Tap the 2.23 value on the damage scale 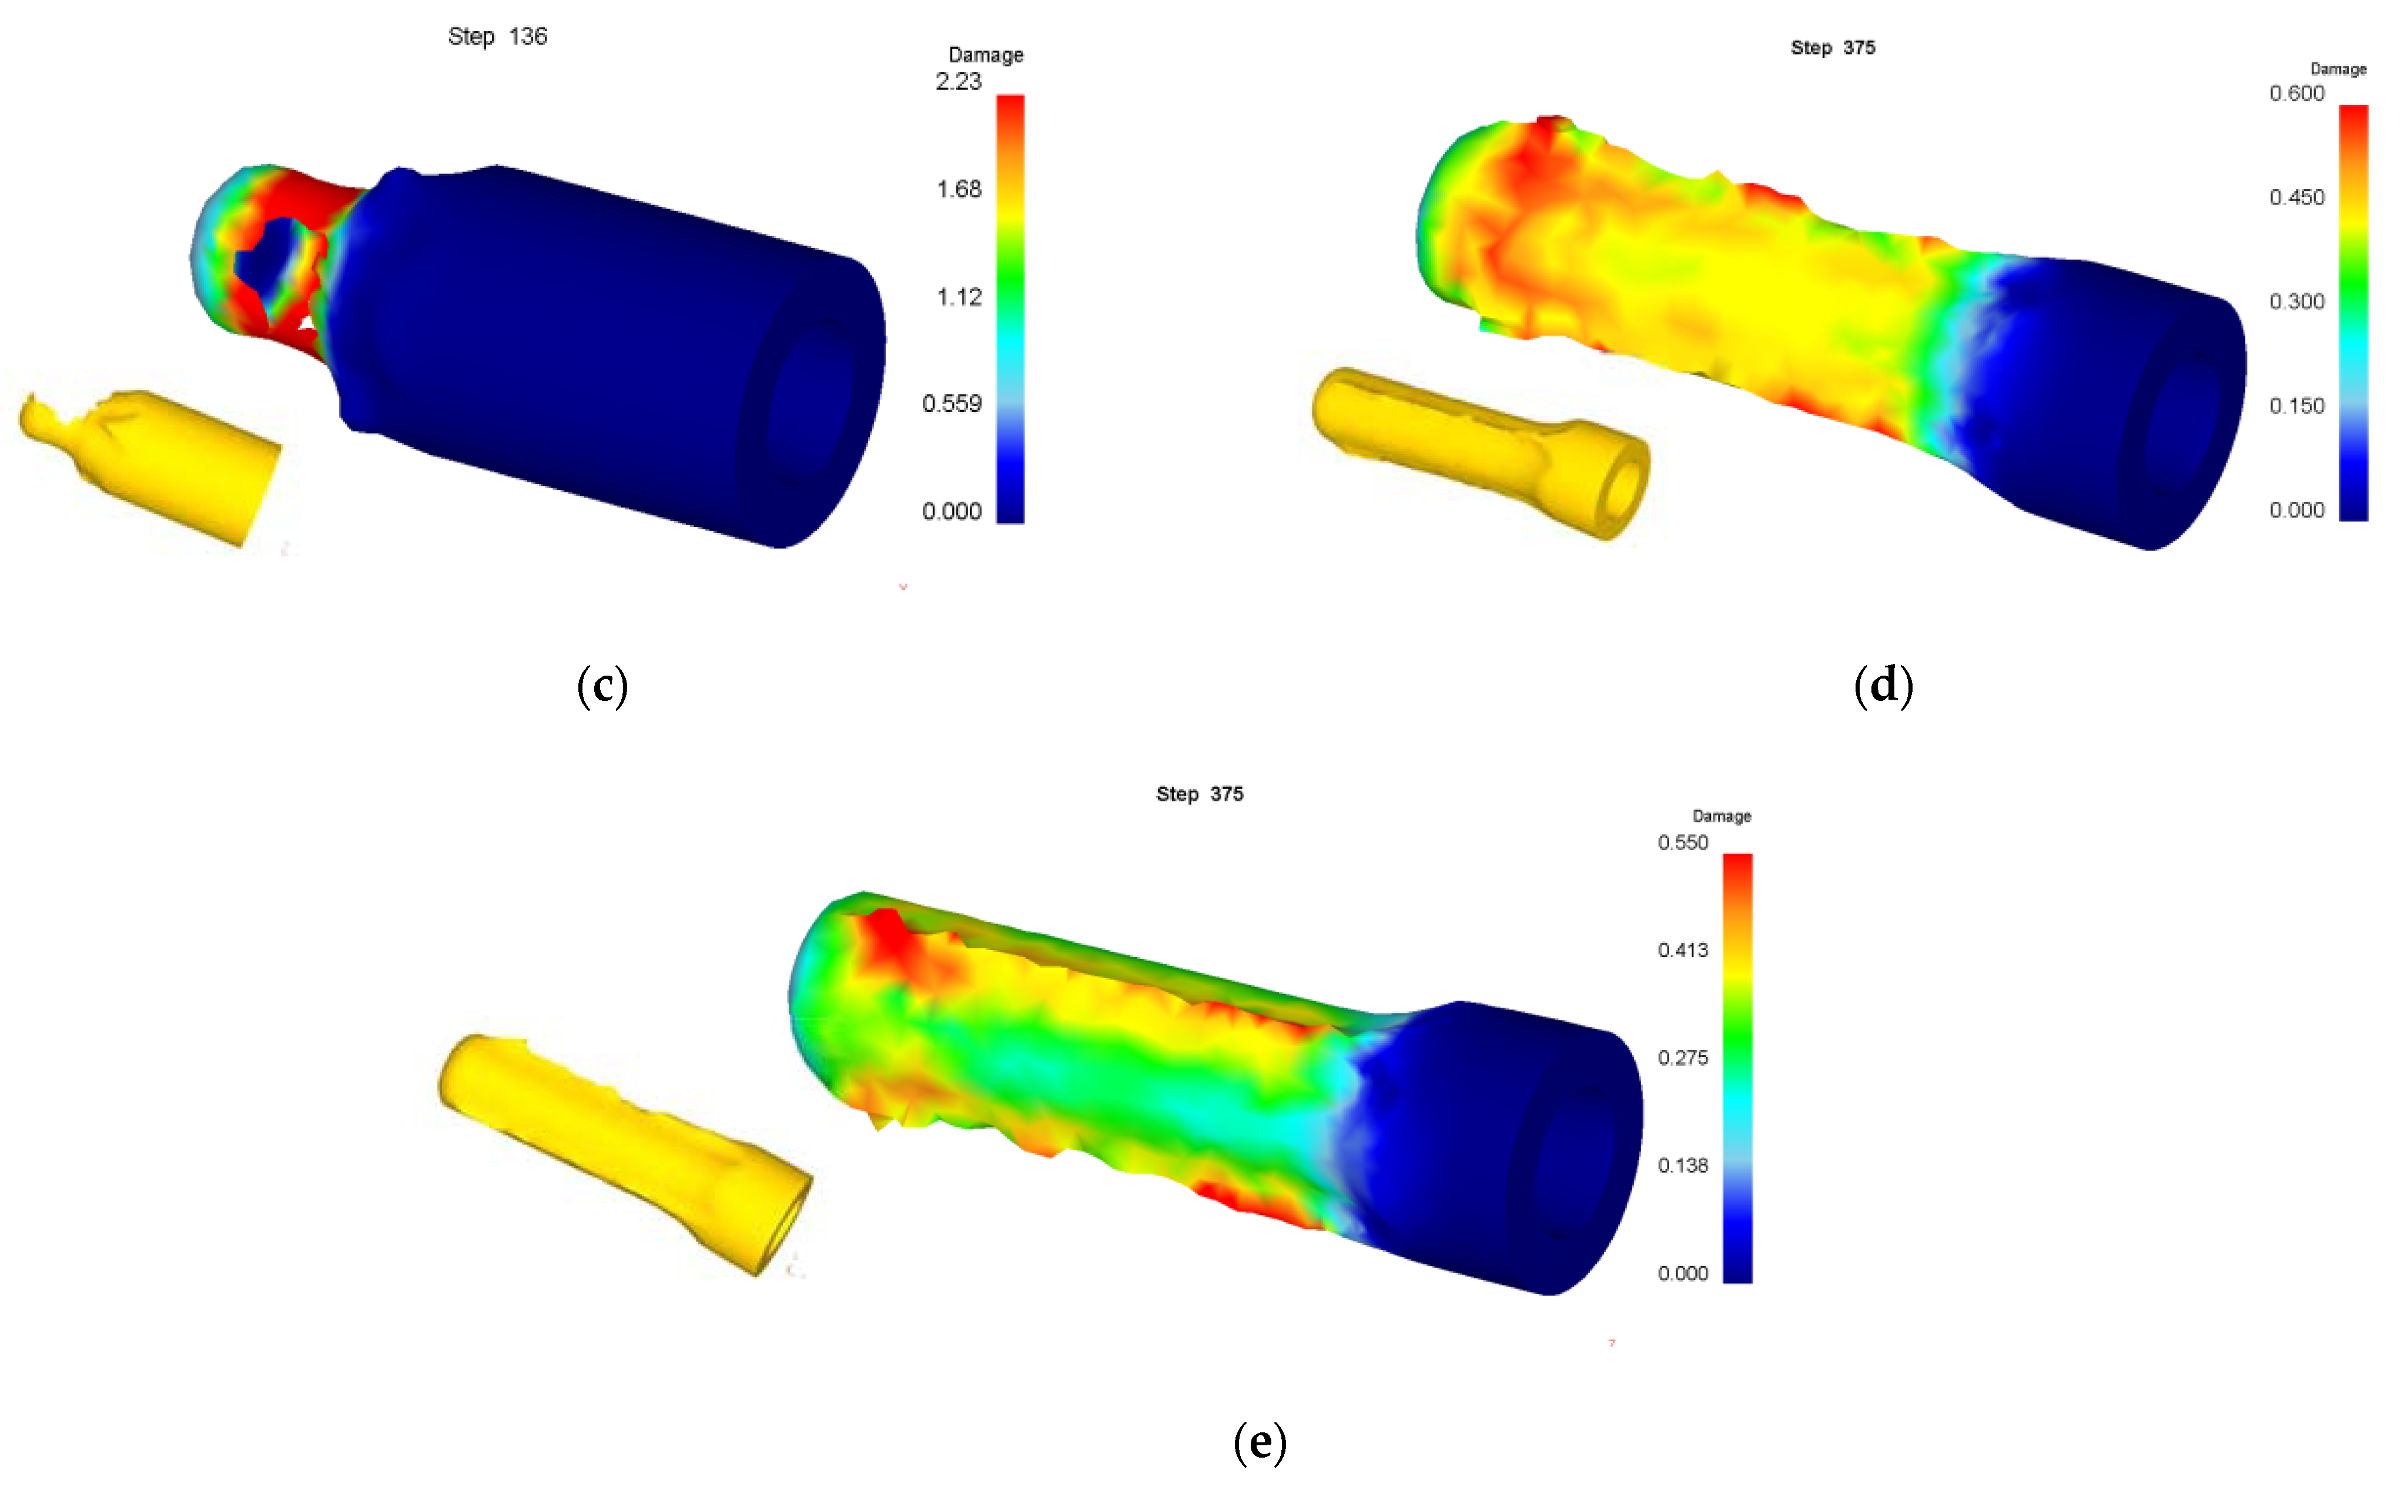958,82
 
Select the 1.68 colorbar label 958,189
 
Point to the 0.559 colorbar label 951,404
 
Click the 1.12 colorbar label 958,297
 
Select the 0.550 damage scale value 1682,843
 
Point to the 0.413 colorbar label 1682,950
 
